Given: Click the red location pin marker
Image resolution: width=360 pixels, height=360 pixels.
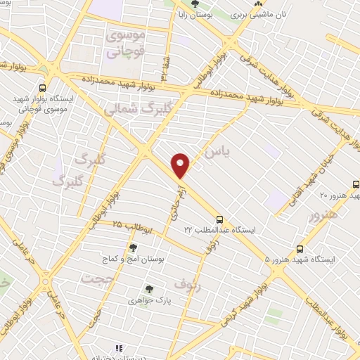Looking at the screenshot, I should click(x=181, y=165).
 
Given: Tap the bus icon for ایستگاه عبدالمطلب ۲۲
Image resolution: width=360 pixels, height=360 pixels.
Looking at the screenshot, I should click(x=220, y=219).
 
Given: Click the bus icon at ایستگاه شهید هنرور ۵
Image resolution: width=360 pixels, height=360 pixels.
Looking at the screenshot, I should click(x=300, y=249).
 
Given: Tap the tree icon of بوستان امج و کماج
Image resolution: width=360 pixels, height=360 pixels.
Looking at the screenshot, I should click(x=133, y=247).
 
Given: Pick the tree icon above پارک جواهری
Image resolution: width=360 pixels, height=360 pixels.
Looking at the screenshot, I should click(x=148, y=288).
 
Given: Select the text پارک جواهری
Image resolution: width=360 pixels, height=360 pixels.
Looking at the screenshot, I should click(x=149, y=299).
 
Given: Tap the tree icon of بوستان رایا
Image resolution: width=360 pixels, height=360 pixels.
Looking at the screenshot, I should click(x=195, y=5).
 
